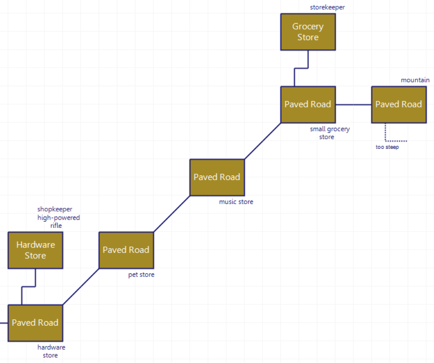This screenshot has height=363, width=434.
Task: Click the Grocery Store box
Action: tap(308, 32)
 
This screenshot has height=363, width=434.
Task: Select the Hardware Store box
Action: tap(35, 250)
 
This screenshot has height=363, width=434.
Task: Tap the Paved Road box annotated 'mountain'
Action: tap(399, 105)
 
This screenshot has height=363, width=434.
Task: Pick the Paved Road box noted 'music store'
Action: tap(217, 177)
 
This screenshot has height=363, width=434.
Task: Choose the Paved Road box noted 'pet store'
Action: tap(126, 250)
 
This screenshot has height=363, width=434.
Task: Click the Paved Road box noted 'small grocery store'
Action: tap(308, 105)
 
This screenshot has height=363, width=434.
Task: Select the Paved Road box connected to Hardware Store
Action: tap(35, 323)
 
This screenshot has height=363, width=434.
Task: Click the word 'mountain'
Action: tap(415, 80)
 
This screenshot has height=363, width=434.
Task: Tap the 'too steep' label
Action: tap(387, 147)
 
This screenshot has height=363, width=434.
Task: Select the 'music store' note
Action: tap(236, 202)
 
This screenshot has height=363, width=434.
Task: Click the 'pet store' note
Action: tap(141, 275)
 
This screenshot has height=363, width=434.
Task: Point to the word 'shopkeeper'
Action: tap(55, 209)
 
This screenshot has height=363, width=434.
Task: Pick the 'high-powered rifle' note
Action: tap(58, 222)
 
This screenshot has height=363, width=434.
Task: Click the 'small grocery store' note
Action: tap(329, 133)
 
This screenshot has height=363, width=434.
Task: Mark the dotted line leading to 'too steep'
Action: tap(386, 134)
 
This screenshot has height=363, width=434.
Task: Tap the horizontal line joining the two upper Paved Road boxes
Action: tap(353, 105)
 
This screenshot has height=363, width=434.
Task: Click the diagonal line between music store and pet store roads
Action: tap(171, 214)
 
